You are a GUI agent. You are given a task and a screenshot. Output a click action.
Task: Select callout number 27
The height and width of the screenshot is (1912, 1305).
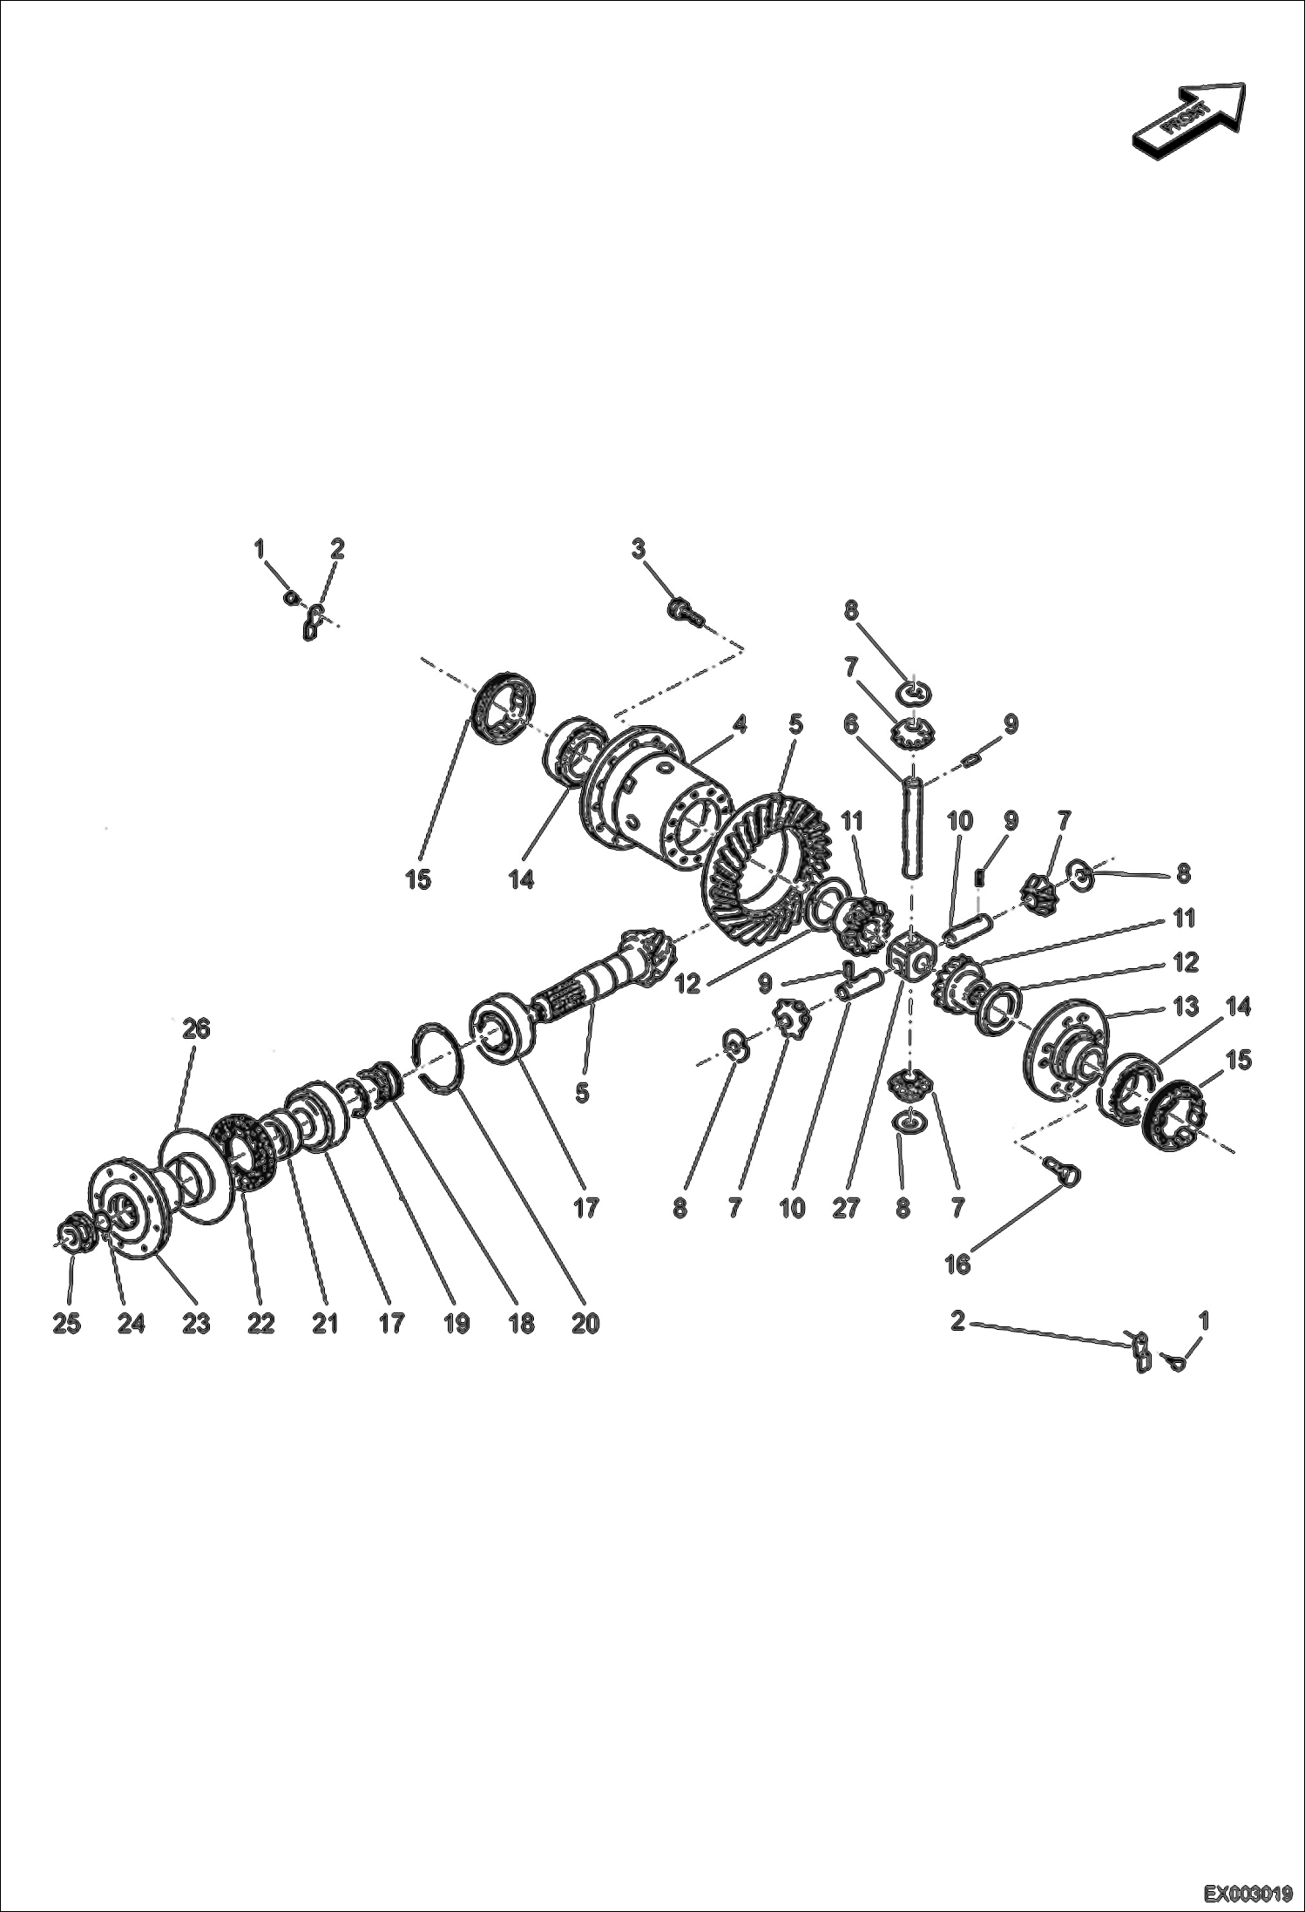click(846, 1208)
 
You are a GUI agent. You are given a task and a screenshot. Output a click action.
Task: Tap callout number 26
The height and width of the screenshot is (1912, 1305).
click(196, 1028)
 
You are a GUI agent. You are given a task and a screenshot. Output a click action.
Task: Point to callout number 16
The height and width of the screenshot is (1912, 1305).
click(957, 1264)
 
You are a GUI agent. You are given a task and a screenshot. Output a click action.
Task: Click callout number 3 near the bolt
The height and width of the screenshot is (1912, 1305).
click(639, 549)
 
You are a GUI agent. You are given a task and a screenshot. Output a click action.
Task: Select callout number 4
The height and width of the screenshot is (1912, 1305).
click(739, 724)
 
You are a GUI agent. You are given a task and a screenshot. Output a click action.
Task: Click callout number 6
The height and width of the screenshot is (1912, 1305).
click(850, 724)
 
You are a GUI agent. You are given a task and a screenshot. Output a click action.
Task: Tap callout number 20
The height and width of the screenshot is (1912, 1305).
click(585, 1323)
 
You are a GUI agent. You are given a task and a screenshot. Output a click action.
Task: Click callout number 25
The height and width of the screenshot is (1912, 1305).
click(67, 1323)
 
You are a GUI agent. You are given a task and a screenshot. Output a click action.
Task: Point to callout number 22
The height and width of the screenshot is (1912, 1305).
click(260, 1323)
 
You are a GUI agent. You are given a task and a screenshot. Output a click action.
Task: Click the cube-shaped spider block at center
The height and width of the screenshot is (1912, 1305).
click(910, 956)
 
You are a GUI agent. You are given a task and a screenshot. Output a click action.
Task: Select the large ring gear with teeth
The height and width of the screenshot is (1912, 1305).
click(762, 867)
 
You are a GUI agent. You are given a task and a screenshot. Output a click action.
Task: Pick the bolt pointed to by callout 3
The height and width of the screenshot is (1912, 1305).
click(683, 609)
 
